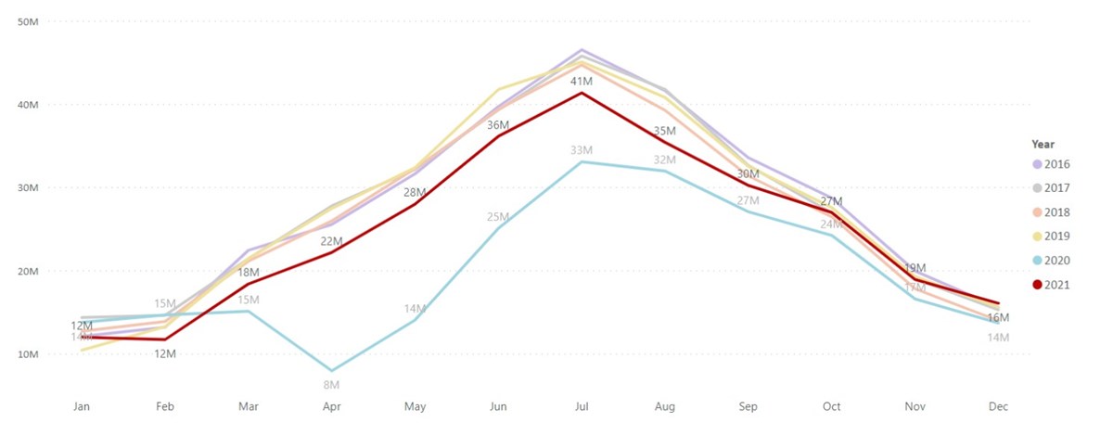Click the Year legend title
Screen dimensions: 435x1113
click(x=1043, y=144)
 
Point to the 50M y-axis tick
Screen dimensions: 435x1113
click(x=28, y=21)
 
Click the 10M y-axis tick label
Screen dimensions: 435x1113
click(x=28, y=354)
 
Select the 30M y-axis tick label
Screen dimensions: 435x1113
click(x=28, y=188)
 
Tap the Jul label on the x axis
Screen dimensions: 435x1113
click(x=582, y=407)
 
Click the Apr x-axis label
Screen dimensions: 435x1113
click(x=332, y=407)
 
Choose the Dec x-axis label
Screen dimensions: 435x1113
click(x=997, y=407)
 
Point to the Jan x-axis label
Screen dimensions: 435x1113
click(x=83, y=407)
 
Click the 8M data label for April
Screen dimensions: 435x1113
click(x=331, y=384)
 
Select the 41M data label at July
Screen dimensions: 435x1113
click(x=582, y=82)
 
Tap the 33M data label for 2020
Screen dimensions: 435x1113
click(x=582, y=150)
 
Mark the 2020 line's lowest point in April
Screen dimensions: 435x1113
click(x=332, y=371)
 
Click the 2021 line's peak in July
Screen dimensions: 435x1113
click(x=582, y=93)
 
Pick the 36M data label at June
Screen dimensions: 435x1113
click(x=498, y=124)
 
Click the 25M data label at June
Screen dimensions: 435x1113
click(x=498, y=217)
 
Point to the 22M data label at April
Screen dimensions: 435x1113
click(x=331, y=241)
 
